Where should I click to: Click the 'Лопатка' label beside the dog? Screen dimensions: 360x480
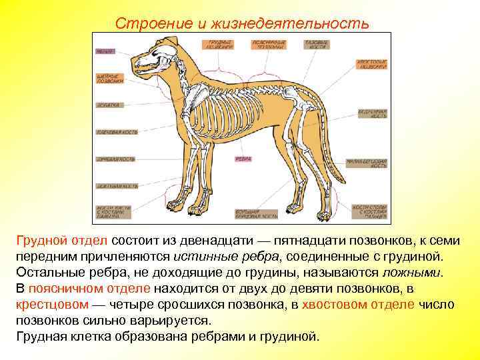108,105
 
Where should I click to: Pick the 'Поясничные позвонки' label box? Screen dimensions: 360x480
269,45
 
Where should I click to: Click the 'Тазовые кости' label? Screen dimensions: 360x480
315,45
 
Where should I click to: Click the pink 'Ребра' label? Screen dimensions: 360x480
243,159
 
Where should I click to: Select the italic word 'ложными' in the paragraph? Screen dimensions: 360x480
413,273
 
